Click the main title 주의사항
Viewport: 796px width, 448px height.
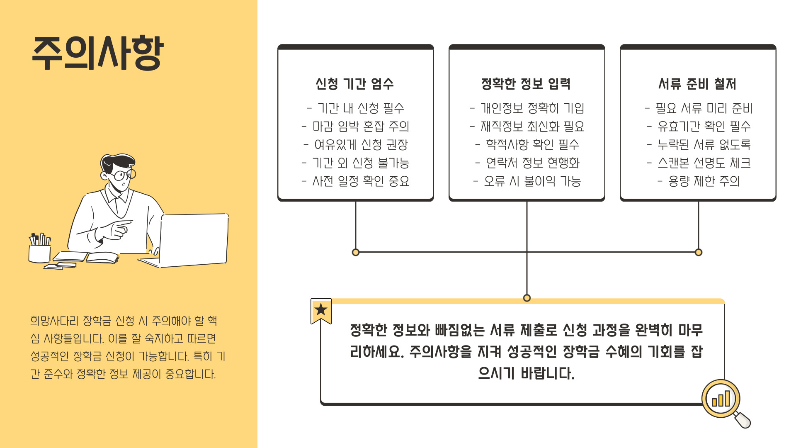point(98,53)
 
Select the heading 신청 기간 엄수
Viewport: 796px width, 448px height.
point(355,84)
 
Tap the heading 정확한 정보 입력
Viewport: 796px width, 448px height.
point(526,84)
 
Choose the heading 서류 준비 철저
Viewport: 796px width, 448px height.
point(698,84)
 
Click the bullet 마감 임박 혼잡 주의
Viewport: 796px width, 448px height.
point(356,126)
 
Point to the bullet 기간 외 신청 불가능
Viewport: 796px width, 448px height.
point(356,163)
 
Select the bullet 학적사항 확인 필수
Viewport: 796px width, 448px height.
point(527,144)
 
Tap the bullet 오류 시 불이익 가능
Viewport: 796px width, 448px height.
point(527,181)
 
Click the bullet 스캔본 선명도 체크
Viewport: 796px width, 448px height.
point(699,163)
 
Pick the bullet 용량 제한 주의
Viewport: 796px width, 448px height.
point(699,181)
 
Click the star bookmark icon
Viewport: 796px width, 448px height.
point(321,310)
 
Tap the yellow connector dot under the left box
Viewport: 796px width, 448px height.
point(356,252)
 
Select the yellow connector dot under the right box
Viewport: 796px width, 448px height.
point(699,252)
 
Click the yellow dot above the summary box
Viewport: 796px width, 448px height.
point(527,298)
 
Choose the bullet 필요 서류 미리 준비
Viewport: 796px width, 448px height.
point(699,108)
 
